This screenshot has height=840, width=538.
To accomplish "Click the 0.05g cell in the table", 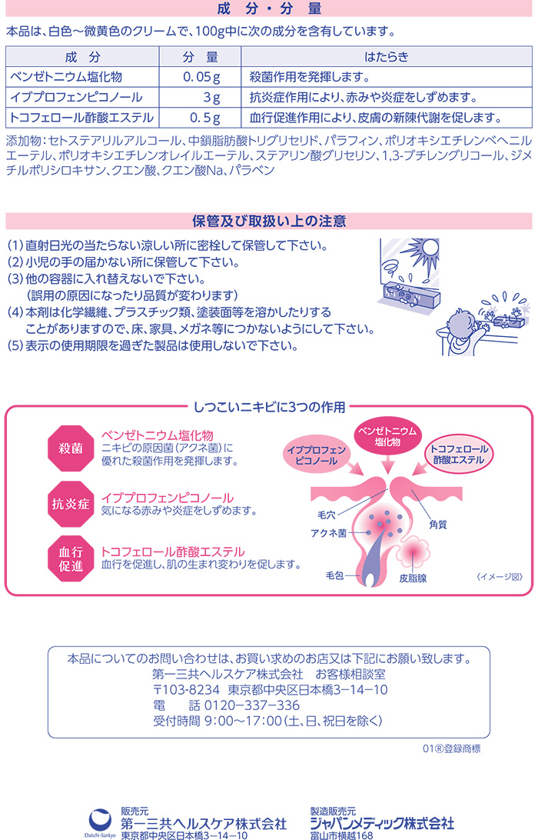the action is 201,77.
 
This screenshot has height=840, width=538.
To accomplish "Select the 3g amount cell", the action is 201,98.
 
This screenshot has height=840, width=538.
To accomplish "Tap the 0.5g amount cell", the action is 201,118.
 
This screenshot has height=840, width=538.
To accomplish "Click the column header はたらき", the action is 387,57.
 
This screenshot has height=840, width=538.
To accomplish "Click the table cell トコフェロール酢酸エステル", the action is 82,118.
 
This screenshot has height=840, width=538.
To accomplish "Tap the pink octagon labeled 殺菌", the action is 71,448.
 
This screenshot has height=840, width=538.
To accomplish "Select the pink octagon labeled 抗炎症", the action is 71,504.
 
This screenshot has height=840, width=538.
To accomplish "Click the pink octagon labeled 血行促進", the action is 71,558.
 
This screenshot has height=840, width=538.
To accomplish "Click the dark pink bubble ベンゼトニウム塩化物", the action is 387,437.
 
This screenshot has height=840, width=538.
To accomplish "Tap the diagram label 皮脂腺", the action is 413,578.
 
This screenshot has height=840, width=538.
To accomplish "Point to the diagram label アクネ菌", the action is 329,533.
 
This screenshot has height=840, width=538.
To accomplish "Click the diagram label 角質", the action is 438,525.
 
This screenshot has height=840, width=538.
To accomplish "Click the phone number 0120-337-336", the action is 252,705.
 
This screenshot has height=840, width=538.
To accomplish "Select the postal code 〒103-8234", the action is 186,690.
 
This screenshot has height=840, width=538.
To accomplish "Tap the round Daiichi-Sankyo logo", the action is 100,820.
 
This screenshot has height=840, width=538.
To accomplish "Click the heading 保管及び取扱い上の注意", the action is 269,221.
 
